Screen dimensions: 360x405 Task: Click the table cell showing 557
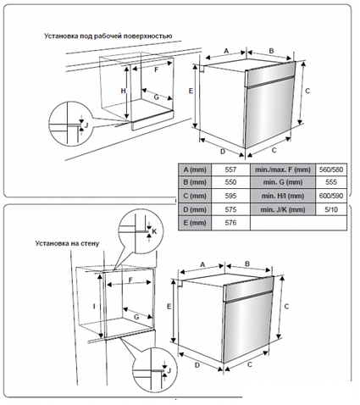(x=230, y=169)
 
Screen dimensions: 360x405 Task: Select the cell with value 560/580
(x=331, y=169)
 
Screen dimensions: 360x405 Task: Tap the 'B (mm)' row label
(x=195, y=182)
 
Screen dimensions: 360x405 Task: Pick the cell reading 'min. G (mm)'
(x=283, y=182)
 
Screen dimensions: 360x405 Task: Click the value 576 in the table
(x=230, y=223)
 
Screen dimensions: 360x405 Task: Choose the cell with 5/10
(x=331, y=209)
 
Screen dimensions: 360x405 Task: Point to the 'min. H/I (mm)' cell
(x=283, y=196)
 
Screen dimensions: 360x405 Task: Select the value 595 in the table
(x=230, y=196)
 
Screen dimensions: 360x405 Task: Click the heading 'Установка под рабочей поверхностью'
(x=108, y=36)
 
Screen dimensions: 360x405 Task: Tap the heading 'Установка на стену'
(x=67, y=243)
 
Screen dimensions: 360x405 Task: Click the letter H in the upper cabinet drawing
(x=123, y=91)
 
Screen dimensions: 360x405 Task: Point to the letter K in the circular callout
(x=154, y=231)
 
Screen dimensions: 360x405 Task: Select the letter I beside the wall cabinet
(x=95, y=306)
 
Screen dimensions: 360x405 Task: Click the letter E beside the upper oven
(x=191, y=91)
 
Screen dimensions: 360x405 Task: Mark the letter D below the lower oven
(x=197, y=365)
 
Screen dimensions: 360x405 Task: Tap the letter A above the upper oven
(x=226, y=51)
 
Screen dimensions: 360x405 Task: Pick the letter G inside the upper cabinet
(x=156, y=97)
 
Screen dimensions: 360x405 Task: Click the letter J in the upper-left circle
(x=86, y=125)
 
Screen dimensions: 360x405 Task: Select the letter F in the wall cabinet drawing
(x=130, y=280)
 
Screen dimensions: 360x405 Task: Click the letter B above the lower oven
(x=247, y=264)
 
